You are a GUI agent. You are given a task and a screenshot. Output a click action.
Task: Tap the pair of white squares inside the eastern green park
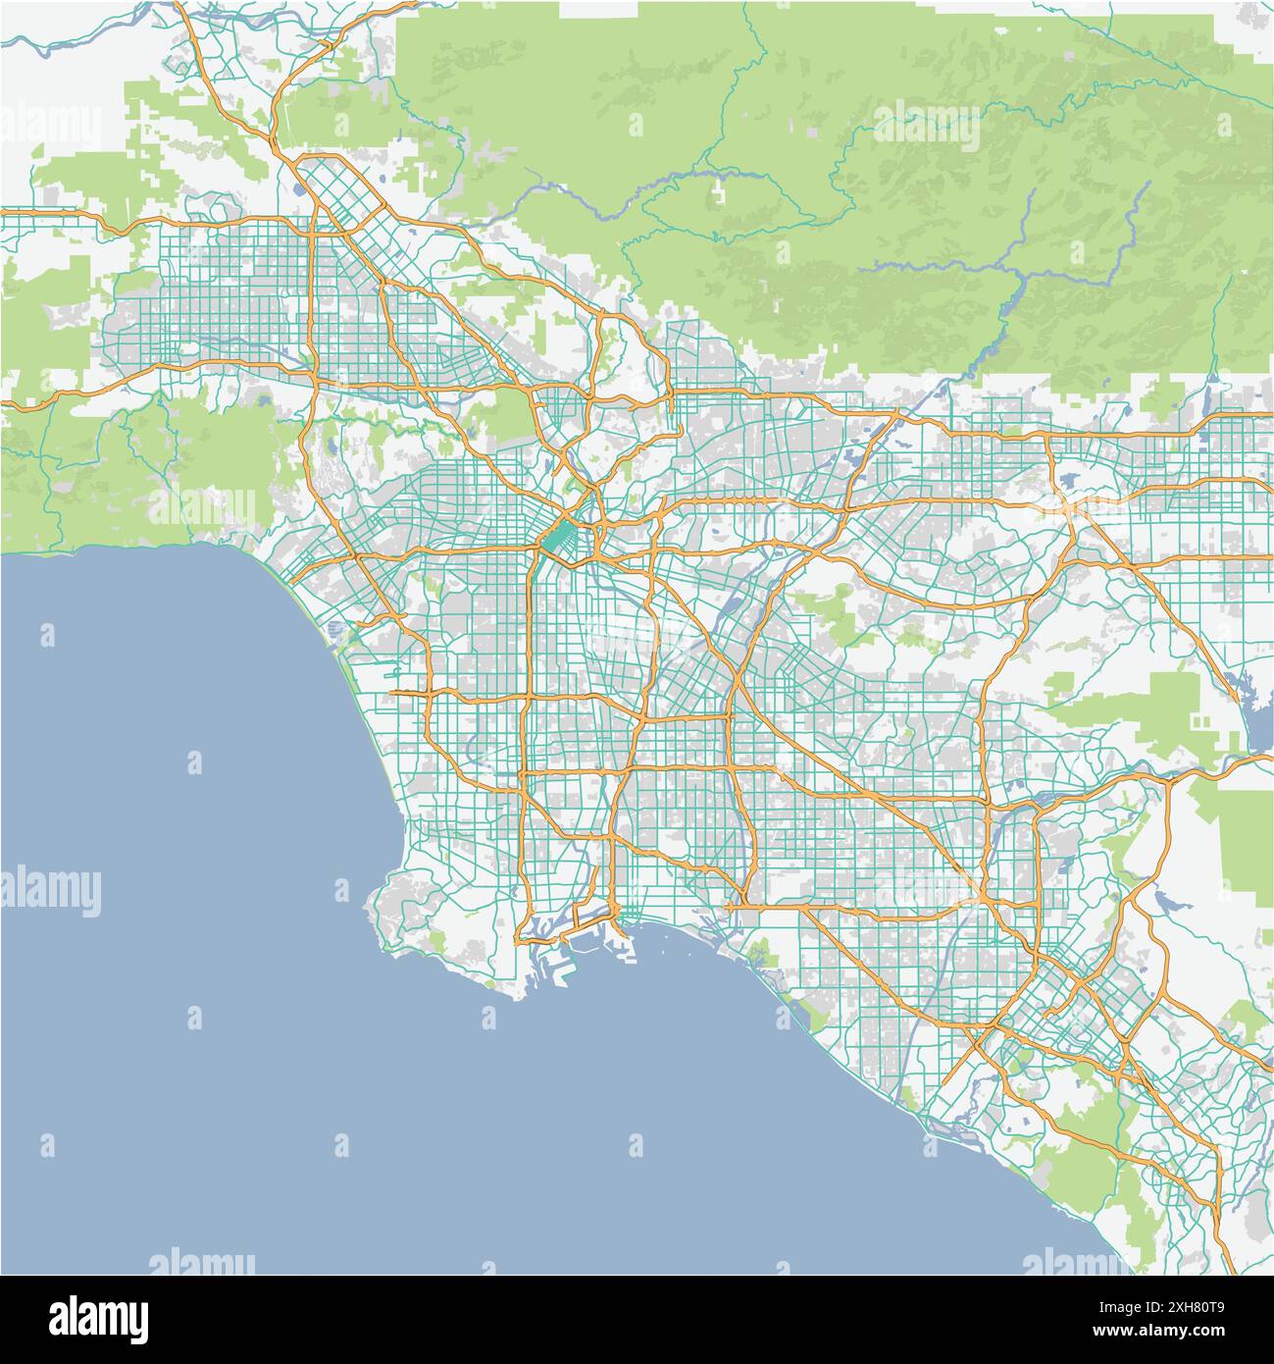[x=1201, y=721]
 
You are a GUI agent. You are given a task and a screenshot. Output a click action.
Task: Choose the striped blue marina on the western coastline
[x=335, y=627]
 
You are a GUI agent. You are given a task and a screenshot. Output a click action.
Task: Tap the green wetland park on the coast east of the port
[x=758, y=950]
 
